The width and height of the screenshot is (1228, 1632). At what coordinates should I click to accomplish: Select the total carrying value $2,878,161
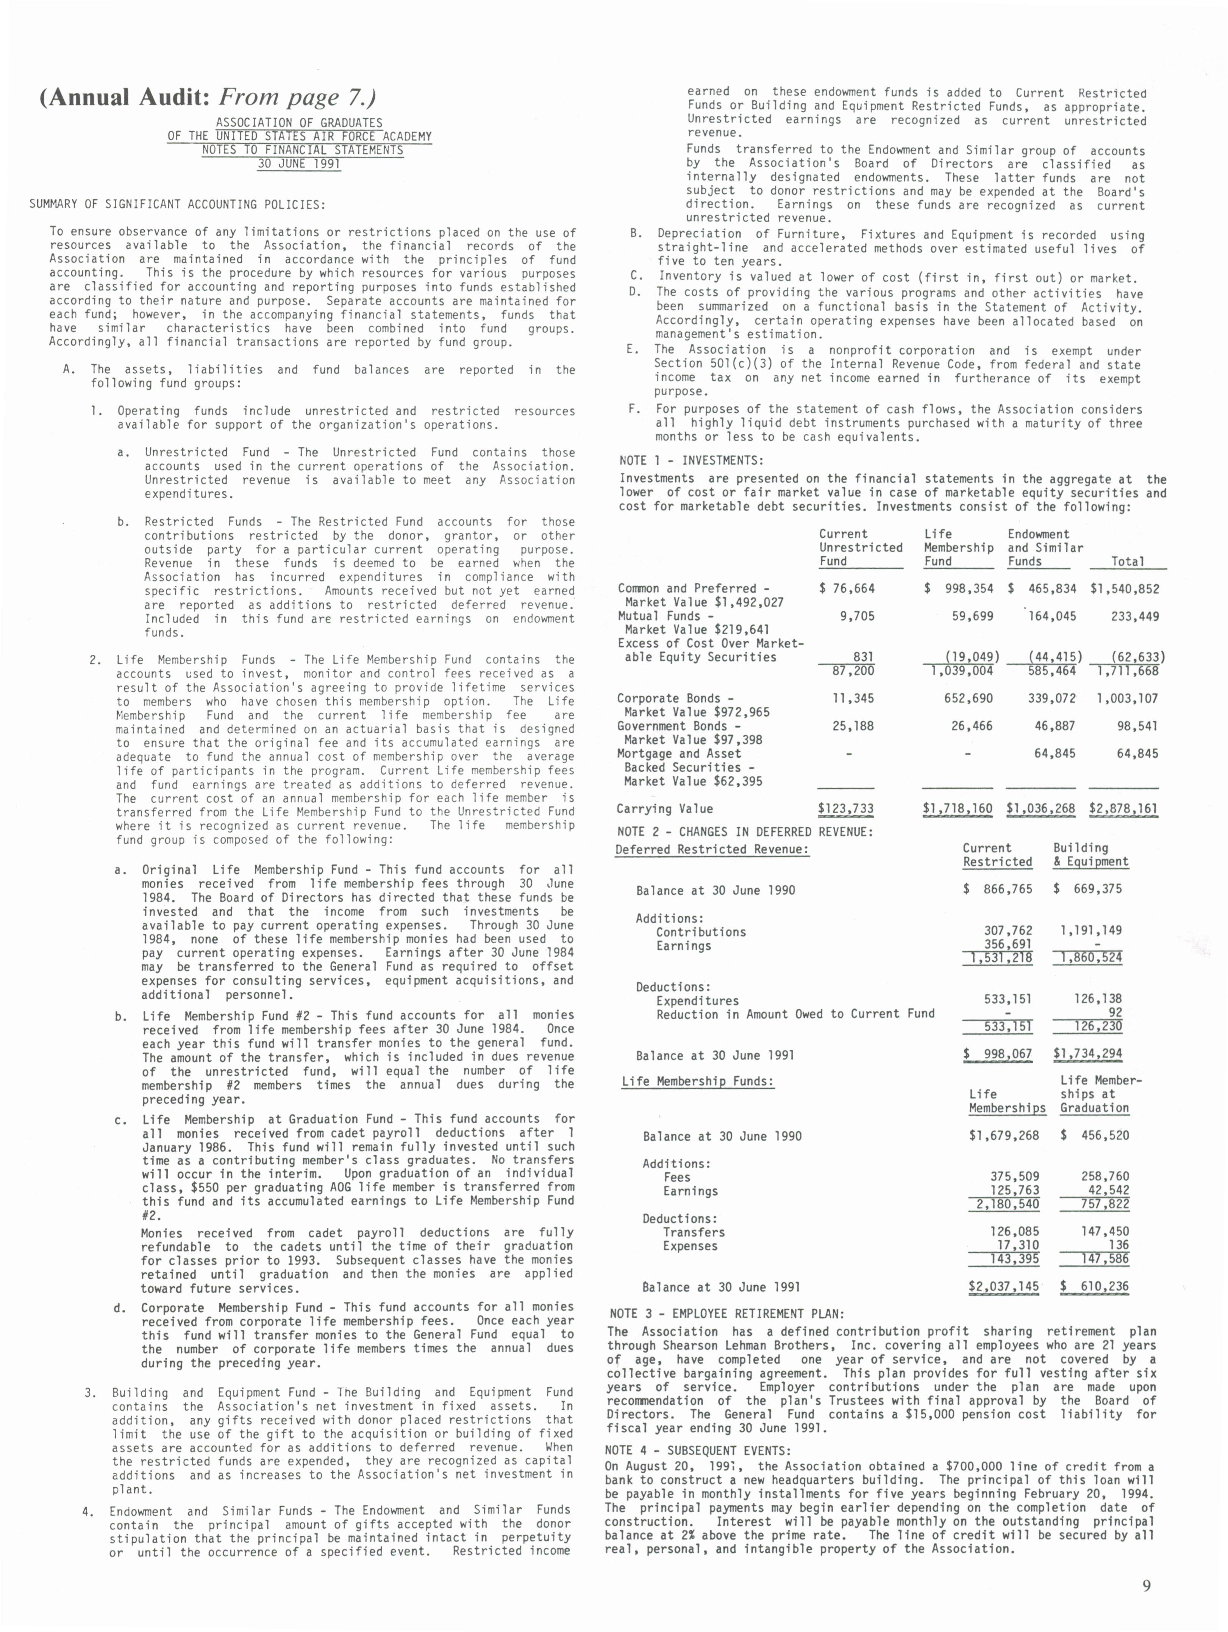click(1123, 809)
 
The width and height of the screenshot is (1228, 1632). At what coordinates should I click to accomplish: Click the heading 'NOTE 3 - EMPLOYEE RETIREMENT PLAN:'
click(727, 1314)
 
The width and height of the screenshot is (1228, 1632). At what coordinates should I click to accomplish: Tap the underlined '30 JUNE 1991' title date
click(299, 164)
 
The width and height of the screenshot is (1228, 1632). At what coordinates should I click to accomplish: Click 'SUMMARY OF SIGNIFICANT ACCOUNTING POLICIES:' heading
click(177, 204)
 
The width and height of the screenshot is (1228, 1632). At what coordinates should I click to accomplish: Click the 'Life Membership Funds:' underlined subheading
click(697, 1081)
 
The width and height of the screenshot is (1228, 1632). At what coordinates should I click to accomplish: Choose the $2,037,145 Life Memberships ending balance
click(1004, 1287)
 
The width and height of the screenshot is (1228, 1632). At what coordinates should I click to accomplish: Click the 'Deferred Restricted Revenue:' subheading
click(712, 849)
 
